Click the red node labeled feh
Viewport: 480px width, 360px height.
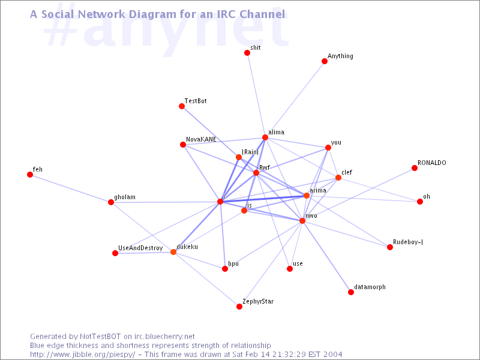pos(29,175)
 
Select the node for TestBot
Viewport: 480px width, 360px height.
pos(182,106)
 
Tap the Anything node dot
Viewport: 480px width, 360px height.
pos(325,61)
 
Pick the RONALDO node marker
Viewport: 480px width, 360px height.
pos(415,168)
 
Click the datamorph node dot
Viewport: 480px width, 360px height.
pos(351,292)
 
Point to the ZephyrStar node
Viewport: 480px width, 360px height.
pos(239,307)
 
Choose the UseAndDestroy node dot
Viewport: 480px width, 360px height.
pos(115,253)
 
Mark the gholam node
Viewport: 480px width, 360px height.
pos(111,202)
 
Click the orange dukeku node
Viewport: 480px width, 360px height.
pos(173,252)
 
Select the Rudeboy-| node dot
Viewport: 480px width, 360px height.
pos(389,247)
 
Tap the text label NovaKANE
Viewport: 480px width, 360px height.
pos(201,139)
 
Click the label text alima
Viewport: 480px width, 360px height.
pos(276,132)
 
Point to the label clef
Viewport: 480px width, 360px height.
pos(347,172)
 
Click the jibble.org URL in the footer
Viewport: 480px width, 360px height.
pos(82,355)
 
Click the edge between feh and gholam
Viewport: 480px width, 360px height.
pos(70,188)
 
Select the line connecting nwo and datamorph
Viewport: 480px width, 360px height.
pos(326,257)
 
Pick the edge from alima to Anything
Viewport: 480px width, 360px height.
pos(295,99)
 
